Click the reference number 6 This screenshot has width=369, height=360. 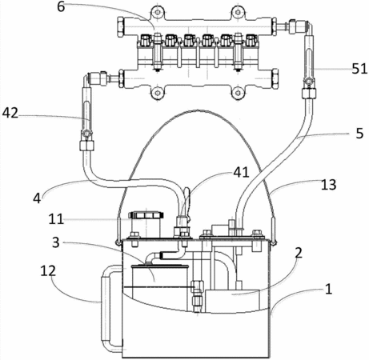pos(61,7)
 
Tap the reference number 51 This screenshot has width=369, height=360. pos(360,69)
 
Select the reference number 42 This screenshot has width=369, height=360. pos(10,113)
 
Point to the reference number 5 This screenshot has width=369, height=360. pos(359,133)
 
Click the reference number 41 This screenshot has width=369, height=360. pos(241,172)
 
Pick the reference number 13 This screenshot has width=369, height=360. pos(328,185)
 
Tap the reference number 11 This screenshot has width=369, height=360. pos(56,219)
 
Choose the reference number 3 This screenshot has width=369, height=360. pos(55,242)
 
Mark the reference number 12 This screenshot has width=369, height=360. pos(48,271)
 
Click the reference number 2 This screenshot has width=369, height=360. pos(299,253)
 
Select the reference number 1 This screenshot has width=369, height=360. pos(328,289)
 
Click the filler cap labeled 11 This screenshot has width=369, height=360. pos(146,215)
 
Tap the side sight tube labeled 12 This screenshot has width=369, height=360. pos(106,309)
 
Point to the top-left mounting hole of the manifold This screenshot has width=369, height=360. pos(158,12)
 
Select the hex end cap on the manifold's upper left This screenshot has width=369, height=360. pos(120,26)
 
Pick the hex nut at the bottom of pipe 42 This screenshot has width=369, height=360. pos(87,146)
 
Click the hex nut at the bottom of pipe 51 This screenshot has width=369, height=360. pos(309,94)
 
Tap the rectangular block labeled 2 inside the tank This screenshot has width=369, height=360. pos(232,301)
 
